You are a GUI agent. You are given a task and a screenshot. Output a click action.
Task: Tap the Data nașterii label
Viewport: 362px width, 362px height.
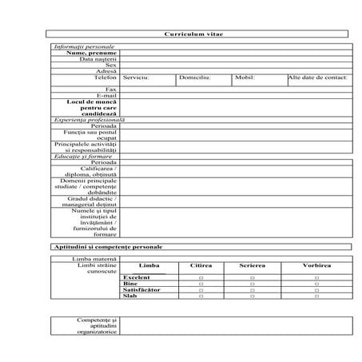tap(98, 59)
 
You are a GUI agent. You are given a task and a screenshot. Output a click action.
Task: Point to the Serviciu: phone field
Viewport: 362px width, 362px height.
tap(137, 78)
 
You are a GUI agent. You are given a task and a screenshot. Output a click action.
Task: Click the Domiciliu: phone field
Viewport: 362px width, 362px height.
tap(195, 78)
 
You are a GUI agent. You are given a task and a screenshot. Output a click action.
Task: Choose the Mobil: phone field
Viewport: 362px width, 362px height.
tap(245, 78)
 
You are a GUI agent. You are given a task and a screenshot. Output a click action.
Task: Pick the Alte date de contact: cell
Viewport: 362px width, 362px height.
tap(317, 78)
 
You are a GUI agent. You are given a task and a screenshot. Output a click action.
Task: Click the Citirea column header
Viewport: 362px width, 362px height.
tap(201, 265)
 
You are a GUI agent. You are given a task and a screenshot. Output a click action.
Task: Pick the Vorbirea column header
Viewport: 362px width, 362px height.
tap(316, 265)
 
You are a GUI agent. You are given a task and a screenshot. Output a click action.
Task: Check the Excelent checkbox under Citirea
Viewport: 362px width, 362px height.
tap(201, 278)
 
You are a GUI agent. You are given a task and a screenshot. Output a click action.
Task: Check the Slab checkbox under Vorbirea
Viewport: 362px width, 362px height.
tap(316, 296)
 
